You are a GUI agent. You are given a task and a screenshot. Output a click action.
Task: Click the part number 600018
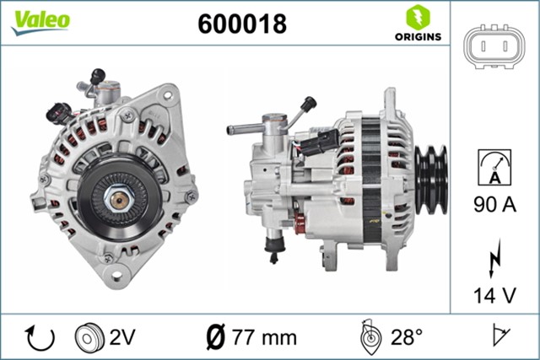point(241,24)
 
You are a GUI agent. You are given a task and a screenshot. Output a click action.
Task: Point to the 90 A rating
point(494,205)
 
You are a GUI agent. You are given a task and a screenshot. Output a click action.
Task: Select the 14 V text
point(494,296)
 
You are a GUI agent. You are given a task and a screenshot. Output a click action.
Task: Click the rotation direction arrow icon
point(40,337)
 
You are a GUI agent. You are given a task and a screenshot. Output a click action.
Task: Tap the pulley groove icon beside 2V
point(89,337)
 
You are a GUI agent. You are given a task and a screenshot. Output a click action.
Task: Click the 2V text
point(121,337)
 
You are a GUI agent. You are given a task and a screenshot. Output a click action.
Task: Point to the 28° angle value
point(408,337)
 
